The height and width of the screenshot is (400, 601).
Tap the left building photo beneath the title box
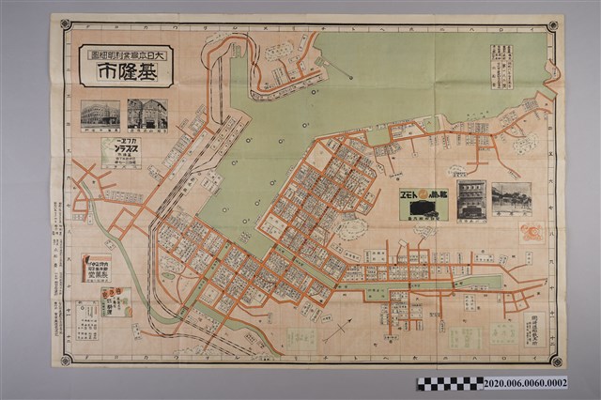pos(99,115)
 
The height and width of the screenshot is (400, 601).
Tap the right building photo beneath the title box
pos(147,115)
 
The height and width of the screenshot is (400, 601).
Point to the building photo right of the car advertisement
pos(471,200)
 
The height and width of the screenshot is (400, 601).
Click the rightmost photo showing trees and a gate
pos(512,199)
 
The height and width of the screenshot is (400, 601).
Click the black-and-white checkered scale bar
pos(452,383)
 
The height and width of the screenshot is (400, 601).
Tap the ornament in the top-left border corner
pos(66,25)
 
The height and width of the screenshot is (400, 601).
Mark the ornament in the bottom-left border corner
pos(64,359)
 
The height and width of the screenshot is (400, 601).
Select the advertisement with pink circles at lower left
pos(116,301)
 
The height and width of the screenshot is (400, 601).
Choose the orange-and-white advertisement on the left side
pos(96,269)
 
